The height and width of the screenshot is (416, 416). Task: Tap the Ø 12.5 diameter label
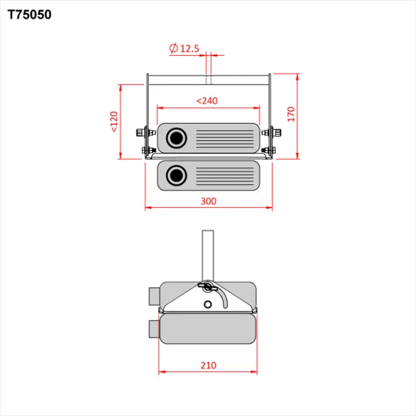point(184,49)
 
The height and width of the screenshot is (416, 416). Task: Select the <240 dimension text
point(207,101)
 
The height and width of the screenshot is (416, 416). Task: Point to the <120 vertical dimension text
point(114,122)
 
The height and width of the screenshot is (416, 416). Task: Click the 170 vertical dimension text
point(292,114)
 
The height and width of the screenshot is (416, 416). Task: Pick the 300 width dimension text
point(208,201)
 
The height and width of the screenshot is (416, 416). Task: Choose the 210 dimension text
point(208,366)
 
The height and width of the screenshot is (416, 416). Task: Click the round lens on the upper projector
point(176,138)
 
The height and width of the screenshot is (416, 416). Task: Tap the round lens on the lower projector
point(176,175)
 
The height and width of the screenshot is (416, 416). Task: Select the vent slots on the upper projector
point(223,138)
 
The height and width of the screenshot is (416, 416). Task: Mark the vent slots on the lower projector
point(223,175)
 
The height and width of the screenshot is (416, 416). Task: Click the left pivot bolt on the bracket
point(141,133)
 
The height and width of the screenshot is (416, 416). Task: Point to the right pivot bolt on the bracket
point(276,133)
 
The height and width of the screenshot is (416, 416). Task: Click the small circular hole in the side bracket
point(207,304)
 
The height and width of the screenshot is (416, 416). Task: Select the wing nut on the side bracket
point(207,286)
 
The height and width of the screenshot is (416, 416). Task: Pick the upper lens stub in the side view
point(153,296)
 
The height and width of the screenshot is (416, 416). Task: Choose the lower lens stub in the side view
point(153,330)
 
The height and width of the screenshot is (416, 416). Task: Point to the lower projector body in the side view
point(207,330)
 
